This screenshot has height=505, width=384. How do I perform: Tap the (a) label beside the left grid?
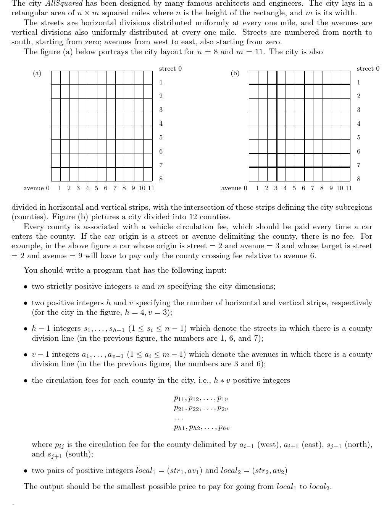(37, 73)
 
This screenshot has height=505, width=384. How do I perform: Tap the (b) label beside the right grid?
(235, 73)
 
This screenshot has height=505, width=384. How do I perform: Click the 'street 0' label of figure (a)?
(170, 69)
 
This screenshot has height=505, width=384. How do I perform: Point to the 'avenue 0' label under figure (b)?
(234, 188)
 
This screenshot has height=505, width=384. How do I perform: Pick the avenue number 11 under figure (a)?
(151, 188)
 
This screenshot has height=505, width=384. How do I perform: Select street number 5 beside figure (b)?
(359, 138)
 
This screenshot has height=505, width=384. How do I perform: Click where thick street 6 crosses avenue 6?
(304, 153)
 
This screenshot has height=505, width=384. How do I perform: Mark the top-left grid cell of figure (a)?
(56, 78)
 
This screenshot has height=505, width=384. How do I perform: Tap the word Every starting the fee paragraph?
(34, 227)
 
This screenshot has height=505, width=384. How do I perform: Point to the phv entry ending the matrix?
(224, 428)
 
